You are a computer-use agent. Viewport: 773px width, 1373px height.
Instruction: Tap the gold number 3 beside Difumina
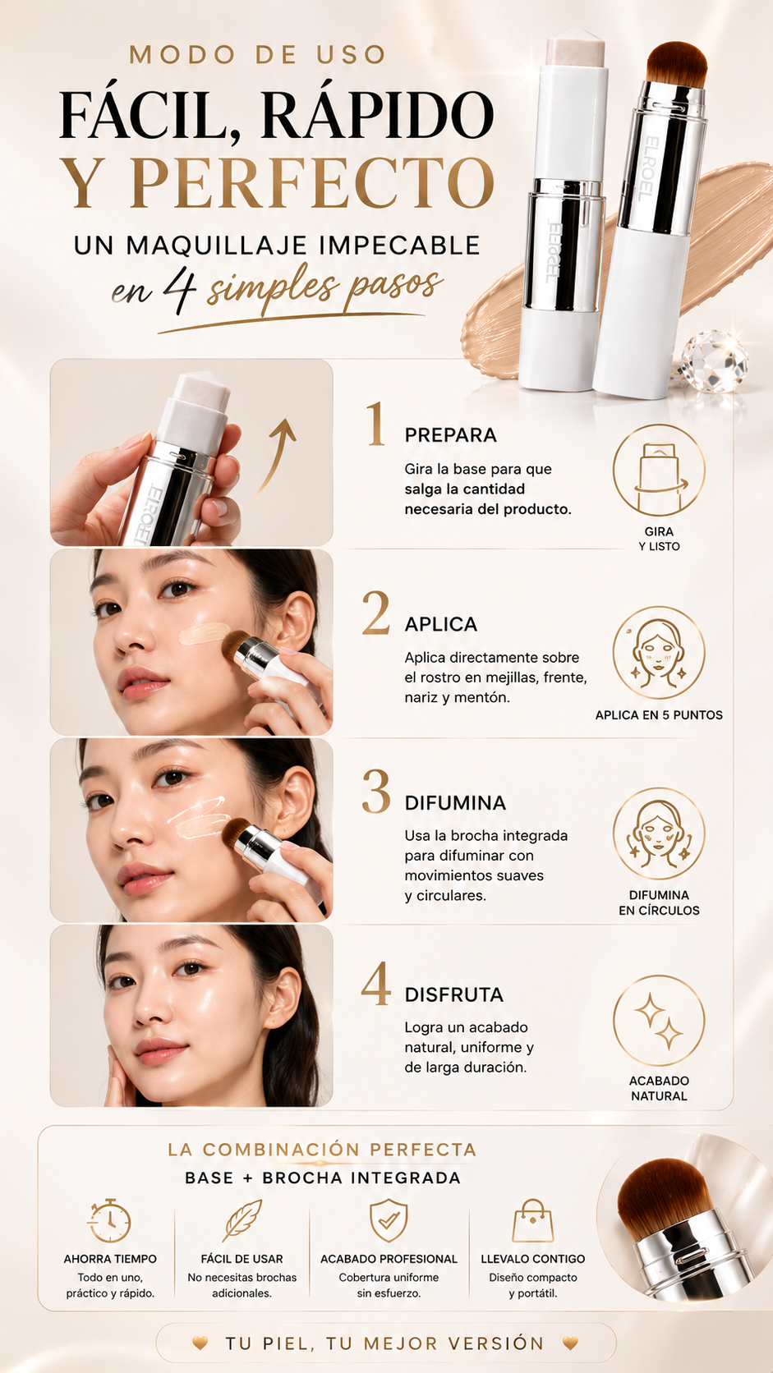tap(375, 791)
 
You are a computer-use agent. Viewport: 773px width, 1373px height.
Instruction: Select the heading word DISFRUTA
tap(453, 994)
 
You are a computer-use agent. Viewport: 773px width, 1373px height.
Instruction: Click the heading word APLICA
tap(441, 624)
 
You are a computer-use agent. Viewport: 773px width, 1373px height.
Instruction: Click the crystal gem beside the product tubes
tap(714, 361)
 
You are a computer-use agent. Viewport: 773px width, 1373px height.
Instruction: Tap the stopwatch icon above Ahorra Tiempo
tap(110, 1220)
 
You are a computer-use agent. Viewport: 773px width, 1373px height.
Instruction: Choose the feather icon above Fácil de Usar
tap(242, 1219)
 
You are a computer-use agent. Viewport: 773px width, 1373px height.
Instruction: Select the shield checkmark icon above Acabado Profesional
tap(389, 1219)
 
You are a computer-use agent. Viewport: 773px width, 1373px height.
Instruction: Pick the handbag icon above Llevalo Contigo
tap(532, 1220)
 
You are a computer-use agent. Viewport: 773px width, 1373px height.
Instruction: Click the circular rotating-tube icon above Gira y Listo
tap(659, 471)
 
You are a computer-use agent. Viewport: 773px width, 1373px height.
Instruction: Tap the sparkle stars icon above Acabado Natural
tap(659, 1020)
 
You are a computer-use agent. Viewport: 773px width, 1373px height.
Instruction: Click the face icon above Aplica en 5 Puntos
tap(659, 652)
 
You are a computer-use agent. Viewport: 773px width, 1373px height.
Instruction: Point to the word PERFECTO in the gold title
tap(313, 182)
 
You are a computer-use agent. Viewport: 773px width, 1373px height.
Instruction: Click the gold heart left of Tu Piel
tap(200, 1343)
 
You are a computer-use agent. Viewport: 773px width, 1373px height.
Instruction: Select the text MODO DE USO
tap(257, 54)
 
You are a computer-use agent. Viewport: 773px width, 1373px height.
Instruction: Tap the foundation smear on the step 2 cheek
tap(204, 633)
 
